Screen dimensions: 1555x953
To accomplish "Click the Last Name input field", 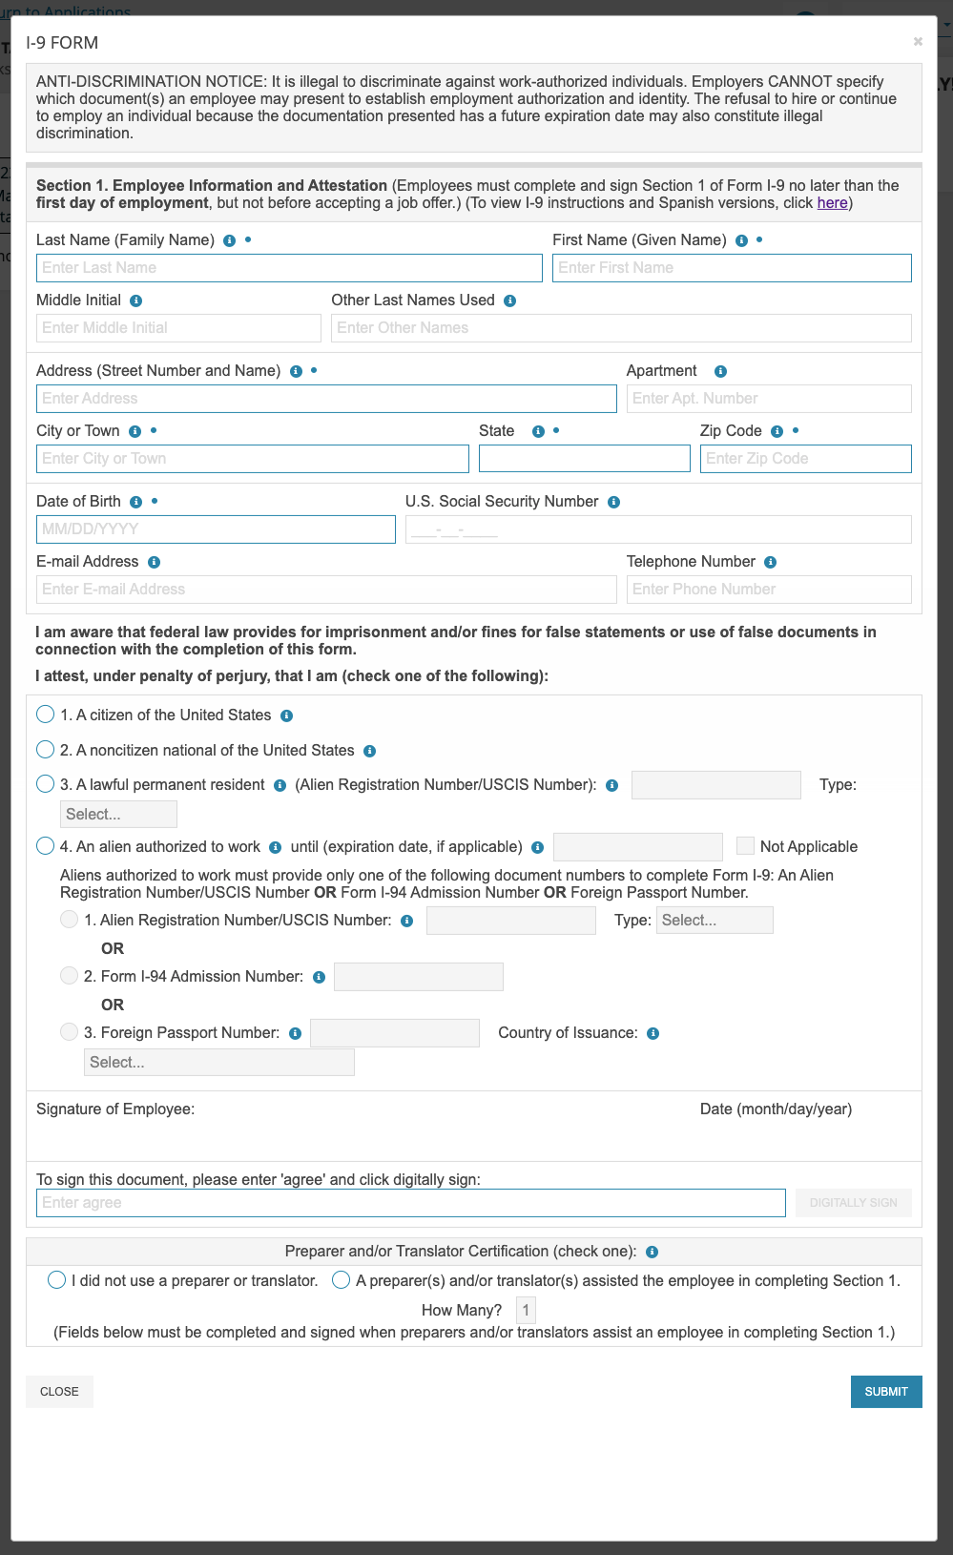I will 289,268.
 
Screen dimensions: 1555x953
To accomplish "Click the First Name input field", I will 732,268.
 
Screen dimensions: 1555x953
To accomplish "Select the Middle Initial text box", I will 178,328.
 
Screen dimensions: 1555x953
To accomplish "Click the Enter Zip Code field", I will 805,459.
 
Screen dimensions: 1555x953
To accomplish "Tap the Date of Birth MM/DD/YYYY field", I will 216,529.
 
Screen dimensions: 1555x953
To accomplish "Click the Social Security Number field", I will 658,529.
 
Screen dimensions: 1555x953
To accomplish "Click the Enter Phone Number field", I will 768,590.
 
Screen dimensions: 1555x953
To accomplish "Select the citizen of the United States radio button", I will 45,715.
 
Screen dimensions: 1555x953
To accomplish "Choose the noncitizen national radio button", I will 45,750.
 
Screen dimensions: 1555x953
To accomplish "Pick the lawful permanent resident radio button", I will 45,784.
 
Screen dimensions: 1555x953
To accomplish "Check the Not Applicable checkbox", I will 745,846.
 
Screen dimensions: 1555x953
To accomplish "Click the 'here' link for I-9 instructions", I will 832,203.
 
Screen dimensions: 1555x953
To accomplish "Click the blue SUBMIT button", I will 886,1392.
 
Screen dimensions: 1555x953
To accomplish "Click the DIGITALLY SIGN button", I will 854,1203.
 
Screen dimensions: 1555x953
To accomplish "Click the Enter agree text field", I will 410,1203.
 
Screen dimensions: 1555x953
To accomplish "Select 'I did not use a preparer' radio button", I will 57,1280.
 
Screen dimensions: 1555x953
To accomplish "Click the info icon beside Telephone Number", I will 771,562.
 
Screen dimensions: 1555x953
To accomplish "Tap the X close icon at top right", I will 918,41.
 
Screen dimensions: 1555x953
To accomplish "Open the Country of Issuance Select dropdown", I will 219,1063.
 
